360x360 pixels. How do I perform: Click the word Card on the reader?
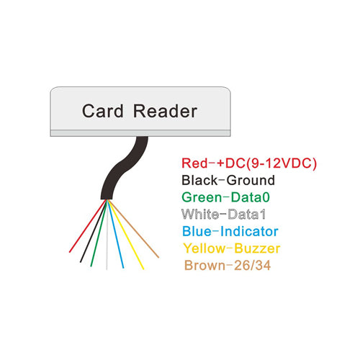103,112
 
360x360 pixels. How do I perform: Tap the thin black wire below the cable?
91,240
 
